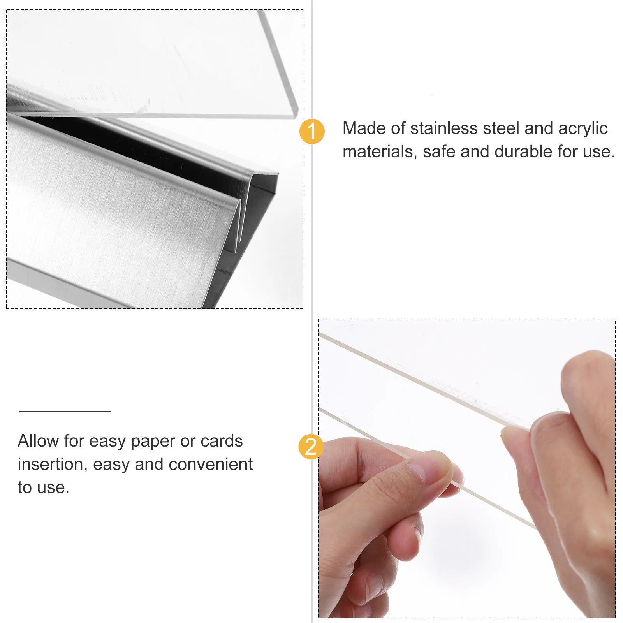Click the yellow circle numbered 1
(312, 131)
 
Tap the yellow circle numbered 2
(311, 446)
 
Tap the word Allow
(38, 441)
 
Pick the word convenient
(210, 465)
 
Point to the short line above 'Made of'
(386, 95)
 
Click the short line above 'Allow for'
(65, 411)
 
